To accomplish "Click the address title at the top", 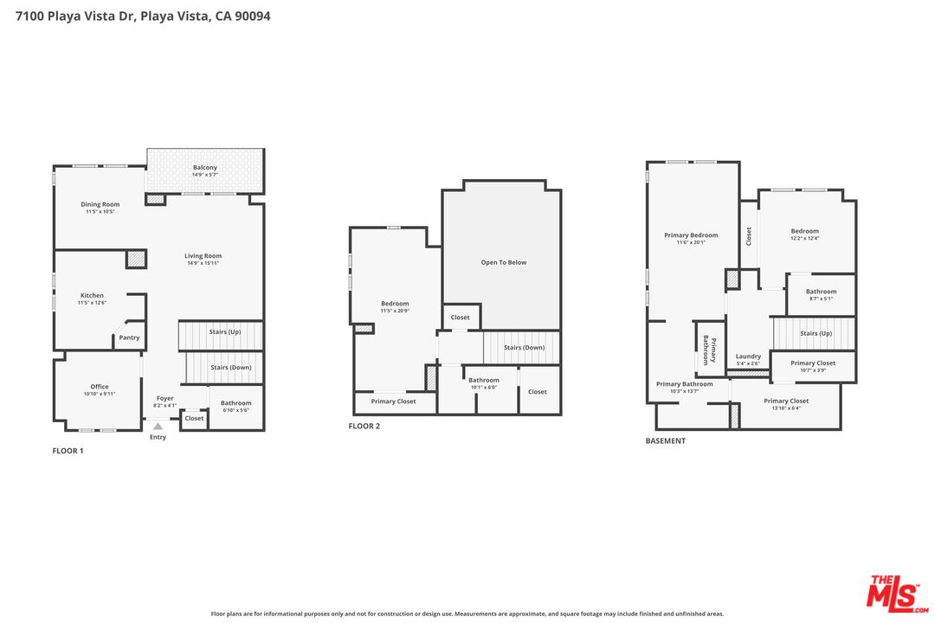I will (x=143, y=16).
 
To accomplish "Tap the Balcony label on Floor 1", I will (x=204, y=168).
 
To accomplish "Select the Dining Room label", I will (x=100, y=204).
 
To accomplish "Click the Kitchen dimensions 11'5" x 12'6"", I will (x=92, y=303).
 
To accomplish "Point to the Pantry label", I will (x=129, y=337).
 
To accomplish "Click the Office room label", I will (x=100, y=387).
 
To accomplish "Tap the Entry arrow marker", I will (x=158, y=426).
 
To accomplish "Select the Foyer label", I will (x=164, y=398).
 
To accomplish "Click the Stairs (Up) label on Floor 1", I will (x=225, y=331).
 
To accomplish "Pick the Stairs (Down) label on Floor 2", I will (x=524, y=347).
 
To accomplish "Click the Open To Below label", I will (x=504, y=262).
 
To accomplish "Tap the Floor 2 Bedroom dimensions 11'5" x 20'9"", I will (x=395, y=311).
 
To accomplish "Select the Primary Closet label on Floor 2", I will (x=393, y=401).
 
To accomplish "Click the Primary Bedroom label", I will (x=691, y=235).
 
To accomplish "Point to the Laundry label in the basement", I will (x=748, y=356).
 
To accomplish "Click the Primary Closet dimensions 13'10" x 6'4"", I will (x=787, y=408).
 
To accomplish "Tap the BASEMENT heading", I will (x=665, y=440).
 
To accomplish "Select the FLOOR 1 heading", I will (x=68, y=451).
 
